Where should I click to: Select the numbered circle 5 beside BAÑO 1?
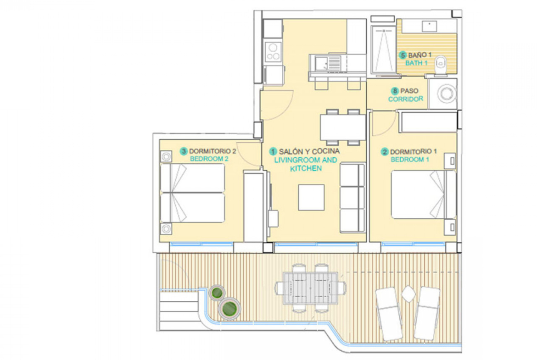pyautogui.click(x=403, y=55)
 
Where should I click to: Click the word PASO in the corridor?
pyautogui.click(x=409, y=91)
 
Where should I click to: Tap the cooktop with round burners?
pyautogui.click(x=273, y=51)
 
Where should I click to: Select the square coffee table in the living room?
pyautogui.click(x=311, y=198)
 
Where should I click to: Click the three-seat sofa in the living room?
pyautogui.click(x=352, y=198)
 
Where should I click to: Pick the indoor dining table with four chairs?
pyautogui.click(x=343, y=127)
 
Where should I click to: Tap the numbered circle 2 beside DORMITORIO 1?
pyautogui.click(x=385, y=152)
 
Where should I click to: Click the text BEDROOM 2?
pyautogui.click(x=209, y=159)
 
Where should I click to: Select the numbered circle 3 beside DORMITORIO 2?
pyautogui.click(x=184, y=151)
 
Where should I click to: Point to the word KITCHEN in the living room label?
pyautogui.click(x=306, y=168)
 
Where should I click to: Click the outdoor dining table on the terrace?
pyautogui.click(x=310, y=288)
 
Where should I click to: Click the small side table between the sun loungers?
pyautogui.click(x=408, y=294)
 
